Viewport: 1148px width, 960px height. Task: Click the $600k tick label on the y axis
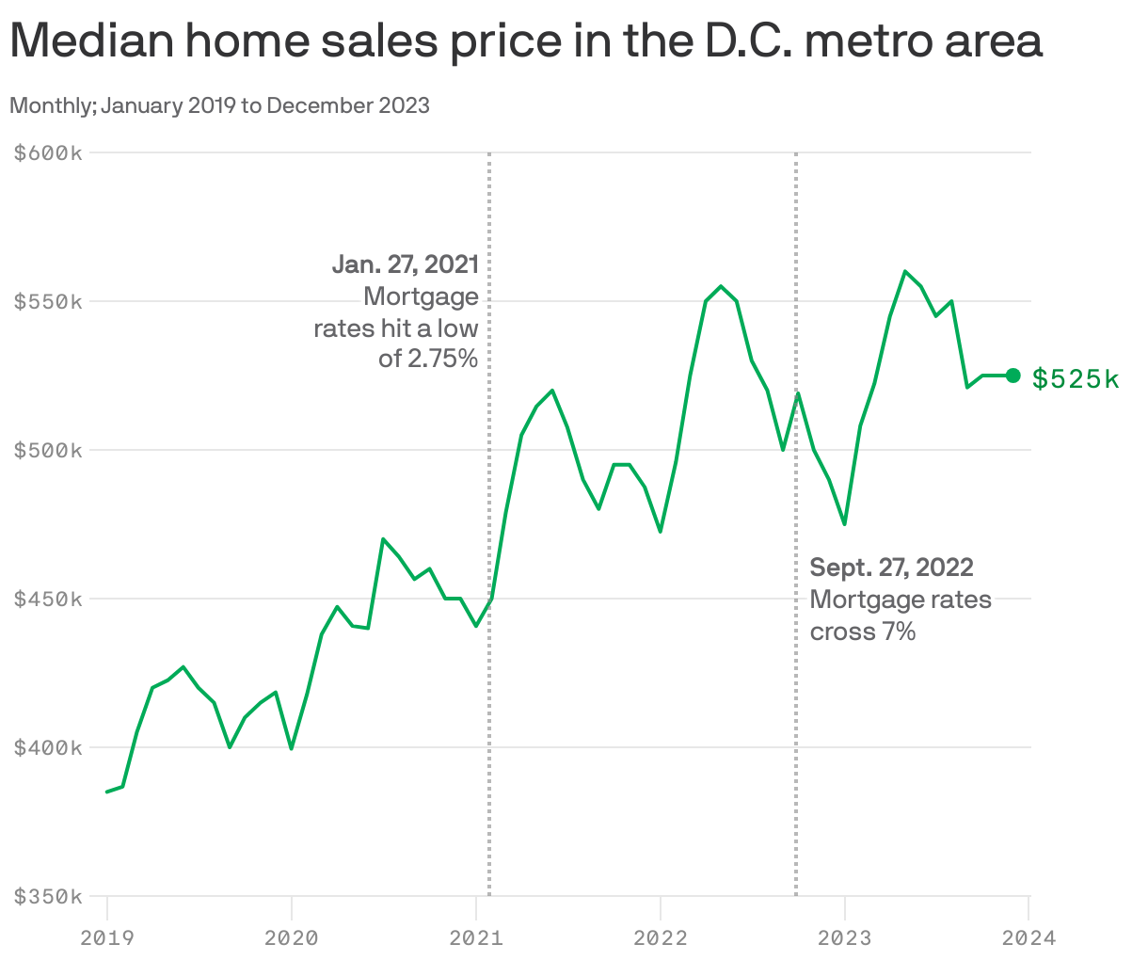click(48, 152)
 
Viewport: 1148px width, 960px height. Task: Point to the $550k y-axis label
click(48, 301)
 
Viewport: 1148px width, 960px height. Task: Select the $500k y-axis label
click(48, 450)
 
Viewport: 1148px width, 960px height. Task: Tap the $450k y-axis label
click(48, 599)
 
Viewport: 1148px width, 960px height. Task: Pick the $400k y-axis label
click(48, 747)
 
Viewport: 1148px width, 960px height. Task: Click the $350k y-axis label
click(48, 896)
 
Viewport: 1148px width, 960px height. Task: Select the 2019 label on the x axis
click(107, 937)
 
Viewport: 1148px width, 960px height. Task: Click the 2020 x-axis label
click(292, 937)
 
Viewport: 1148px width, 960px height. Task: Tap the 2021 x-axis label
click(476, 937)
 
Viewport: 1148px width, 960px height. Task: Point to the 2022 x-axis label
click(661, 937)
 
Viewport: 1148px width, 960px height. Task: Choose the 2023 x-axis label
click(845, 937)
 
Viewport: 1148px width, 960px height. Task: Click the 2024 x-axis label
click(1028, 937)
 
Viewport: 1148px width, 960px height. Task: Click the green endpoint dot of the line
click(1012, 376)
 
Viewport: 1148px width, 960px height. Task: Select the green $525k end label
click(1076, 378)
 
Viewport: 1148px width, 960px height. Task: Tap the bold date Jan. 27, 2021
click(406, 264)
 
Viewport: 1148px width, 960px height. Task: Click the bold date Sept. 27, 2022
click(891, 568)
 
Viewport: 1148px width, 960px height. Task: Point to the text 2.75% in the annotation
click(442, 359)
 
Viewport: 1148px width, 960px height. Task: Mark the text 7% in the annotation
click(899, 632)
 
